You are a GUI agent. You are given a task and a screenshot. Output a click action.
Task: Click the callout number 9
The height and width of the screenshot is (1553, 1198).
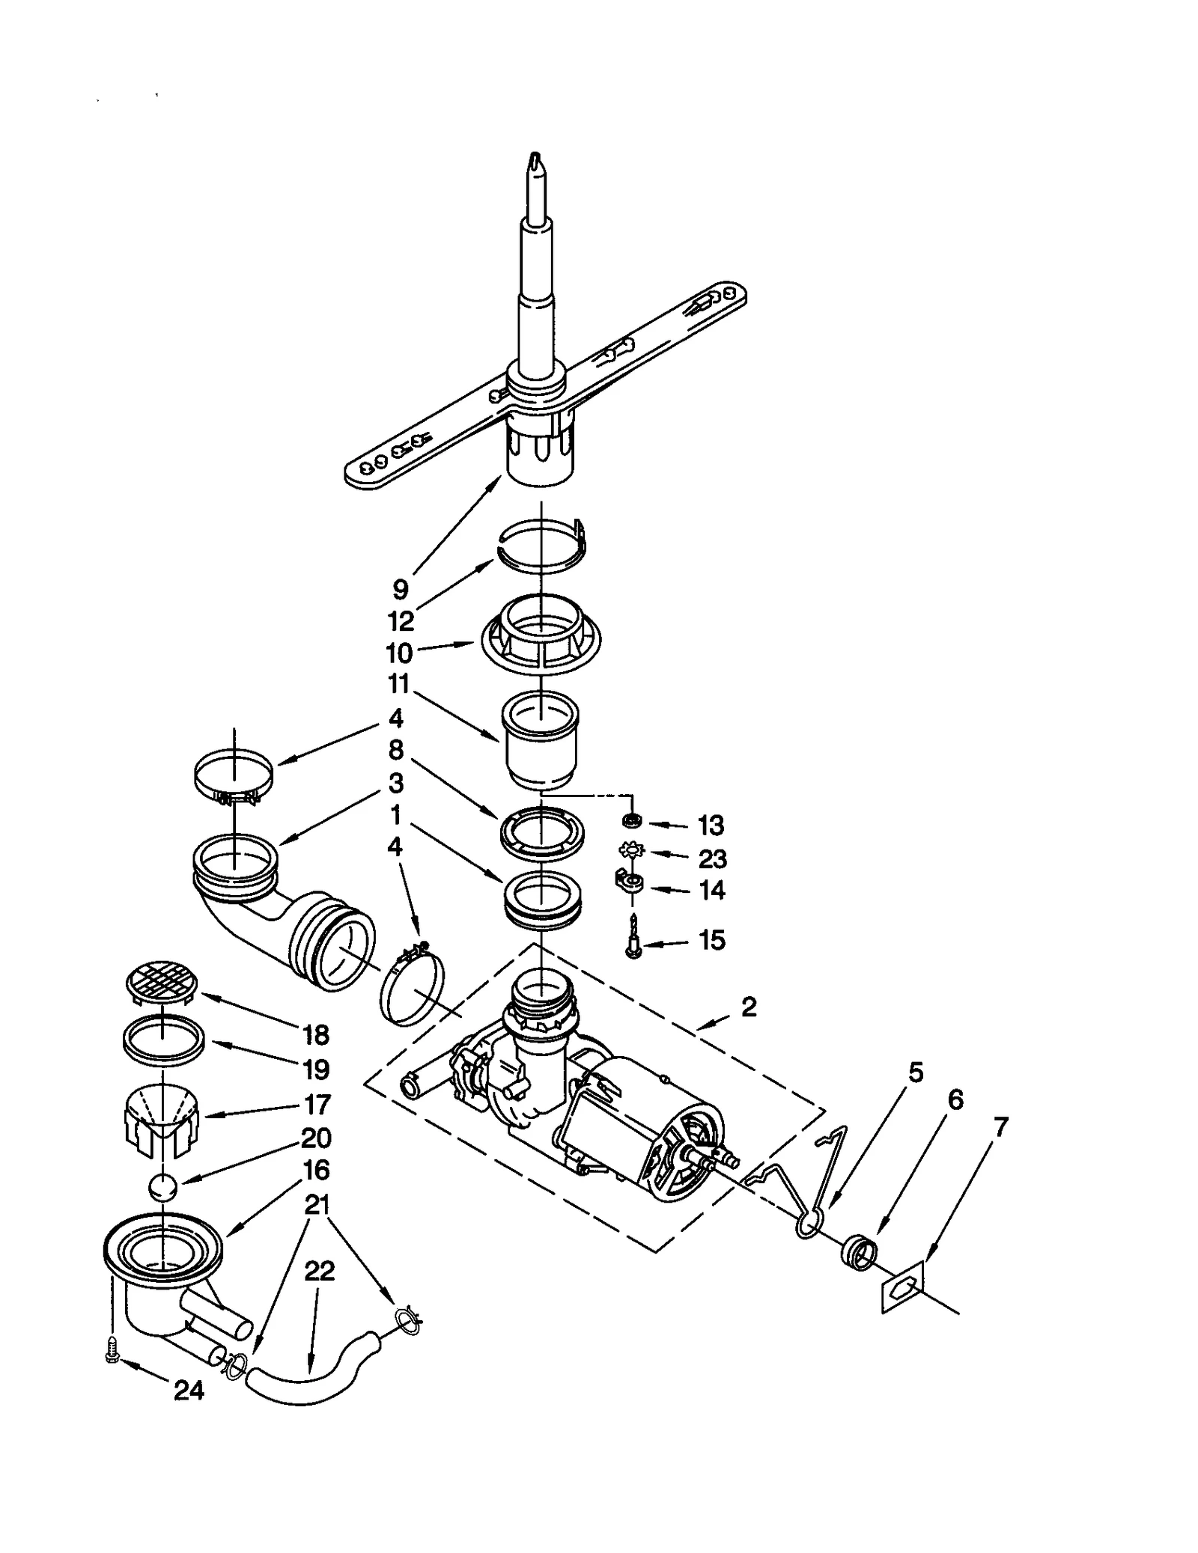401,589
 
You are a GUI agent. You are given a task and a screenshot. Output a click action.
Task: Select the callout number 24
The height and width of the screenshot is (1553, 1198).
189,1391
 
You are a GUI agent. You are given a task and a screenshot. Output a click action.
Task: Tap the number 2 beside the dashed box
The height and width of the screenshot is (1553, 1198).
749,1007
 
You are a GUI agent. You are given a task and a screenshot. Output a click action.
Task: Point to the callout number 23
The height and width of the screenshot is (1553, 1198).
712,858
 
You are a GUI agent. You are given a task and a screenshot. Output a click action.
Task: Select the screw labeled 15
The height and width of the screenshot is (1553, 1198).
633,939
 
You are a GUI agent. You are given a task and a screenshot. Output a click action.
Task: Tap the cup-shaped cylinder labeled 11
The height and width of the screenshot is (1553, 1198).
539,741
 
